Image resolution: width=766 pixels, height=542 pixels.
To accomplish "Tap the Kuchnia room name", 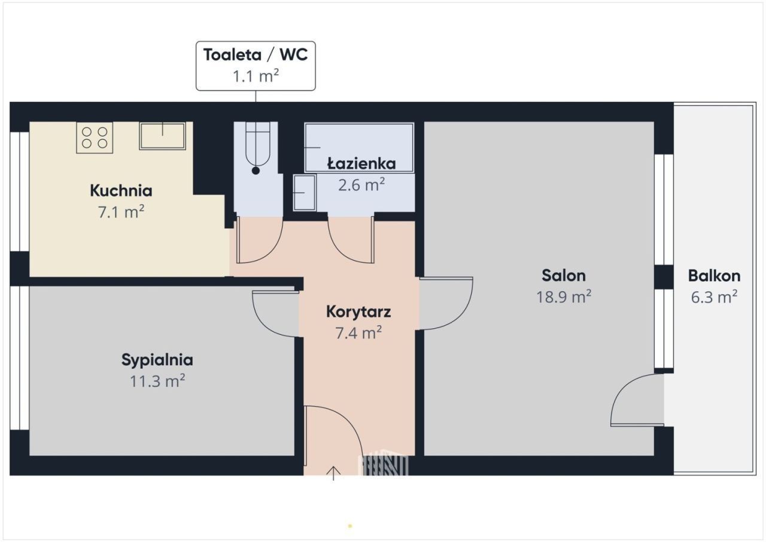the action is [x=121, y=190].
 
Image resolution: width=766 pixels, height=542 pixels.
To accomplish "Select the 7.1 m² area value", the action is [x=121, y=212].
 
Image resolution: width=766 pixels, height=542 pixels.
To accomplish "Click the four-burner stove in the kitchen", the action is [x=95, y=138].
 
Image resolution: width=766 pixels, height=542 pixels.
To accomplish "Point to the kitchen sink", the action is [x=162, y=136].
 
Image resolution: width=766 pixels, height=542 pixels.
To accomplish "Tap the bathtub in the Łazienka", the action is [x=359, y=147].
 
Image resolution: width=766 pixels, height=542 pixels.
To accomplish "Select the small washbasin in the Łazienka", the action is [x=305, y=193].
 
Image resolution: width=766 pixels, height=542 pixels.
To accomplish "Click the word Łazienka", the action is [x=361, y=163].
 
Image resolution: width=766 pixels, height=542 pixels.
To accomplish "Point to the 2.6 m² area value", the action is [x=361, y=185].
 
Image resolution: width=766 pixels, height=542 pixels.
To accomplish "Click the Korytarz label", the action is [x=358, y=311].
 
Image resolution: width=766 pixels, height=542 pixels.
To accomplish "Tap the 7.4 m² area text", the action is [x=358, y=333].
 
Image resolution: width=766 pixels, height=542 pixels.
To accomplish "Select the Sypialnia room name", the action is [x=157, y=360].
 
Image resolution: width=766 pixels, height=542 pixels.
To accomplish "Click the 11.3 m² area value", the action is [x=157, y=381].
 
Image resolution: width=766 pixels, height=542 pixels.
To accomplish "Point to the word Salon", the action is [x=564, y=275].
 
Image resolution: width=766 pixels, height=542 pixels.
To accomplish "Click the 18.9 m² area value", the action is [x=564, y=296].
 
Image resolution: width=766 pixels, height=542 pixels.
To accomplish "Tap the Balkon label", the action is [x=714, y=275].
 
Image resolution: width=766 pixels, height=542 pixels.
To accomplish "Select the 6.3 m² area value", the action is [x=714, y=297].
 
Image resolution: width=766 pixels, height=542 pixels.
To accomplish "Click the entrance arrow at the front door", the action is [x=333, y=473].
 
